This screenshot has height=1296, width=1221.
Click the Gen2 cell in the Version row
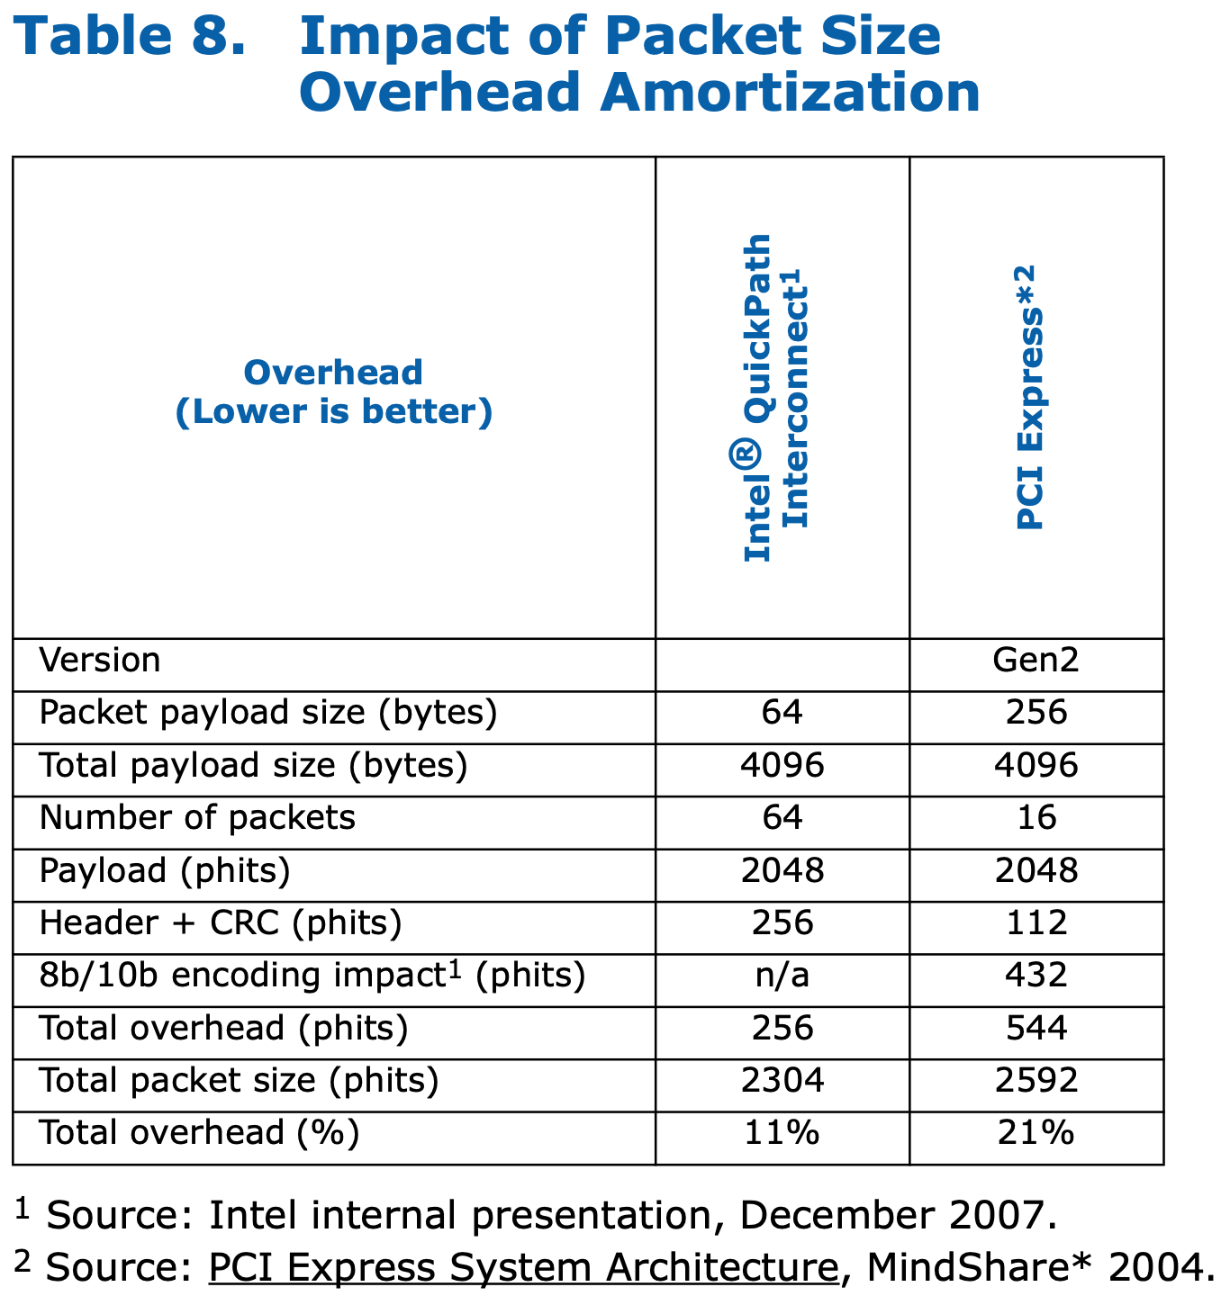[1036, 661]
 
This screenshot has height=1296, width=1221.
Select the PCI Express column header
[1028, 398]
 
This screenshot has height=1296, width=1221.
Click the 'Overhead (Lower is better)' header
[333, 392]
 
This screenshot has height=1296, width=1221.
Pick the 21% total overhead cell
[1036, 1132]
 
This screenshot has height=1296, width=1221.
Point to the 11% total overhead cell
[782, 1132]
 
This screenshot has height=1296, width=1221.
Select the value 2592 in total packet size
[1036, 1080]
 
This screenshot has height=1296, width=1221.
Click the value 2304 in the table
[782, 1080]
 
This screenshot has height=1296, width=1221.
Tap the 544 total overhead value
[1036, 1028]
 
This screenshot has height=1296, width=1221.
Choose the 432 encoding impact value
[1036, 976]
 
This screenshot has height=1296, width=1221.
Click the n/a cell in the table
[782, 976]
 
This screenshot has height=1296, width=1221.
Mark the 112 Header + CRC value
[1036, 923]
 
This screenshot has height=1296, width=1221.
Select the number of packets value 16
[1036, 818]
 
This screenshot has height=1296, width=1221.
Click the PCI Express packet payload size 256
[1036, 714]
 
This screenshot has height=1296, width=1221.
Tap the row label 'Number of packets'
[197, 818]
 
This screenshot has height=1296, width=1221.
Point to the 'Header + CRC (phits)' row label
[221, 923]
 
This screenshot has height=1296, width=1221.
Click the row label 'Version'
[100, 661]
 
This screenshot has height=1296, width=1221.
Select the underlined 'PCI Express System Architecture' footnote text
[523, 1267]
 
